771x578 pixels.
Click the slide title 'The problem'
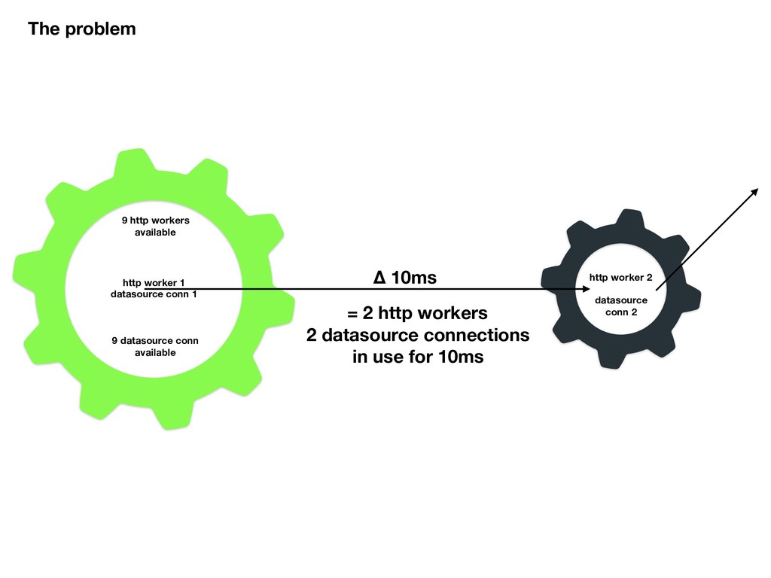[82, 29]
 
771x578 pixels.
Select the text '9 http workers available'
[155, 227]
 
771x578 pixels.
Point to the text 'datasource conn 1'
[154, 294]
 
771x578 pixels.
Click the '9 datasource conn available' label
[155, 346]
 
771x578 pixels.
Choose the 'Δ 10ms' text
[405, 278]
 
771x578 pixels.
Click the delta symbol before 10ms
[380, 278]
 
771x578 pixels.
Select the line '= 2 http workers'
[417, 312]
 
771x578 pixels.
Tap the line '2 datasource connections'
[417, 335]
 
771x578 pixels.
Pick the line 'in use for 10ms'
[417, 357]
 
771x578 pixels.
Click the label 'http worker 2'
[620, 278]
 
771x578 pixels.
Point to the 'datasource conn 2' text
[621, 306]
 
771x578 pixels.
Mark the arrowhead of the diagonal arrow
[755, 190]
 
